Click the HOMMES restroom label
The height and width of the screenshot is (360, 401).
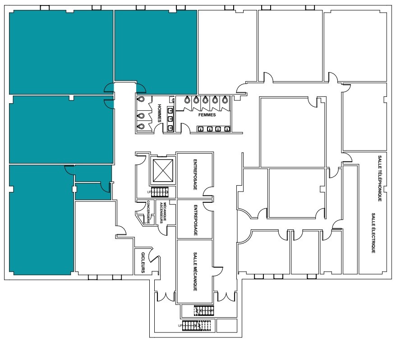(159, 113)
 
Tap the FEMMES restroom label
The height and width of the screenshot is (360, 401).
(207, 115)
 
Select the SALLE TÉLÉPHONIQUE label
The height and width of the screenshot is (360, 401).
(380, 178)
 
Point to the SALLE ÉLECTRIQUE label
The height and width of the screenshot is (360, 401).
(373, 233)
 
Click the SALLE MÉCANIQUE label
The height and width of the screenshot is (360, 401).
(195, 272)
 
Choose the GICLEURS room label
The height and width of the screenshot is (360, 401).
(143, 262)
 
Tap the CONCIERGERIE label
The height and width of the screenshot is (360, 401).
(148, 212)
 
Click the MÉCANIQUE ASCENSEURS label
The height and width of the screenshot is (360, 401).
(163, 213)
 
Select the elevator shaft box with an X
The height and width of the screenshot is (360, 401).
(163, 171)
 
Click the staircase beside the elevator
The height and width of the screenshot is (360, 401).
(160, 192)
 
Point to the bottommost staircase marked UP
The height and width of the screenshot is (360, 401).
(196, 326)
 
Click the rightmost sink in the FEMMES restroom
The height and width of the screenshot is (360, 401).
(227, 129)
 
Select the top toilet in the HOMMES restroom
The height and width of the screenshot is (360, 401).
(141, 99)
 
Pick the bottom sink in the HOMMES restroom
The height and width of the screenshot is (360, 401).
(171, 128)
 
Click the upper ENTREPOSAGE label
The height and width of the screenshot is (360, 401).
(195, 175)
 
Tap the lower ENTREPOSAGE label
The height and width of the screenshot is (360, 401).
(195, 220)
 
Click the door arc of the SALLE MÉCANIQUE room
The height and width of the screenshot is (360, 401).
(218, 272)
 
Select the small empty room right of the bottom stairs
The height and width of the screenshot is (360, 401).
(226, 325)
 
